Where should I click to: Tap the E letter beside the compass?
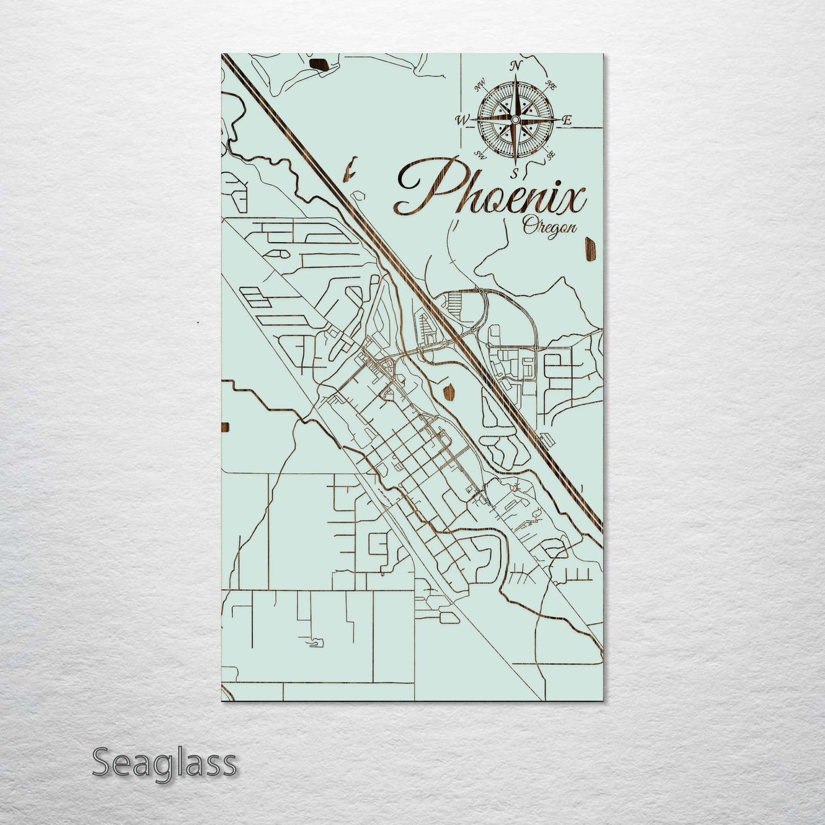(567, 120)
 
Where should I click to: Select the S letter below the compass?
(514, 173)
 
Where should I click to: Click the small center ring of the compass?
(515, 119)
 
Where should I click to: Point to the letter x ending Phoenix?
(573, 200)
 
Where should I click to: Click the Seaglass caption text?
(164, 763)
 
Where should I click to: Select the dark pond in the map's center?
(448, 392)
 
